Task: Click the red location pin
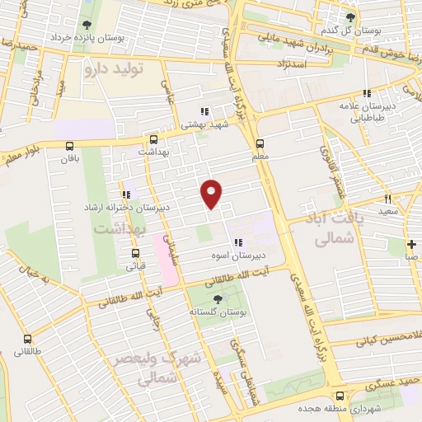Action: (212, 193)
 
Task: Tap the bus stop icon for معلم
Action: (260, 142)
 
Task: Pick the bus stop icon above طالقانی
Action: (28, 339)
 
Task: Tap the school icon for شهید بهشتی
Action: (204, 112)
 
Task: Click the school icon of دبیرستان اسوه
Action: (238, 242)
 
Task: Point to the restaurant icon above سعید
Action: (387, 199)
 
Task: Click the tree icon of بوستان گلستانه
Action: (218, 299)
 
